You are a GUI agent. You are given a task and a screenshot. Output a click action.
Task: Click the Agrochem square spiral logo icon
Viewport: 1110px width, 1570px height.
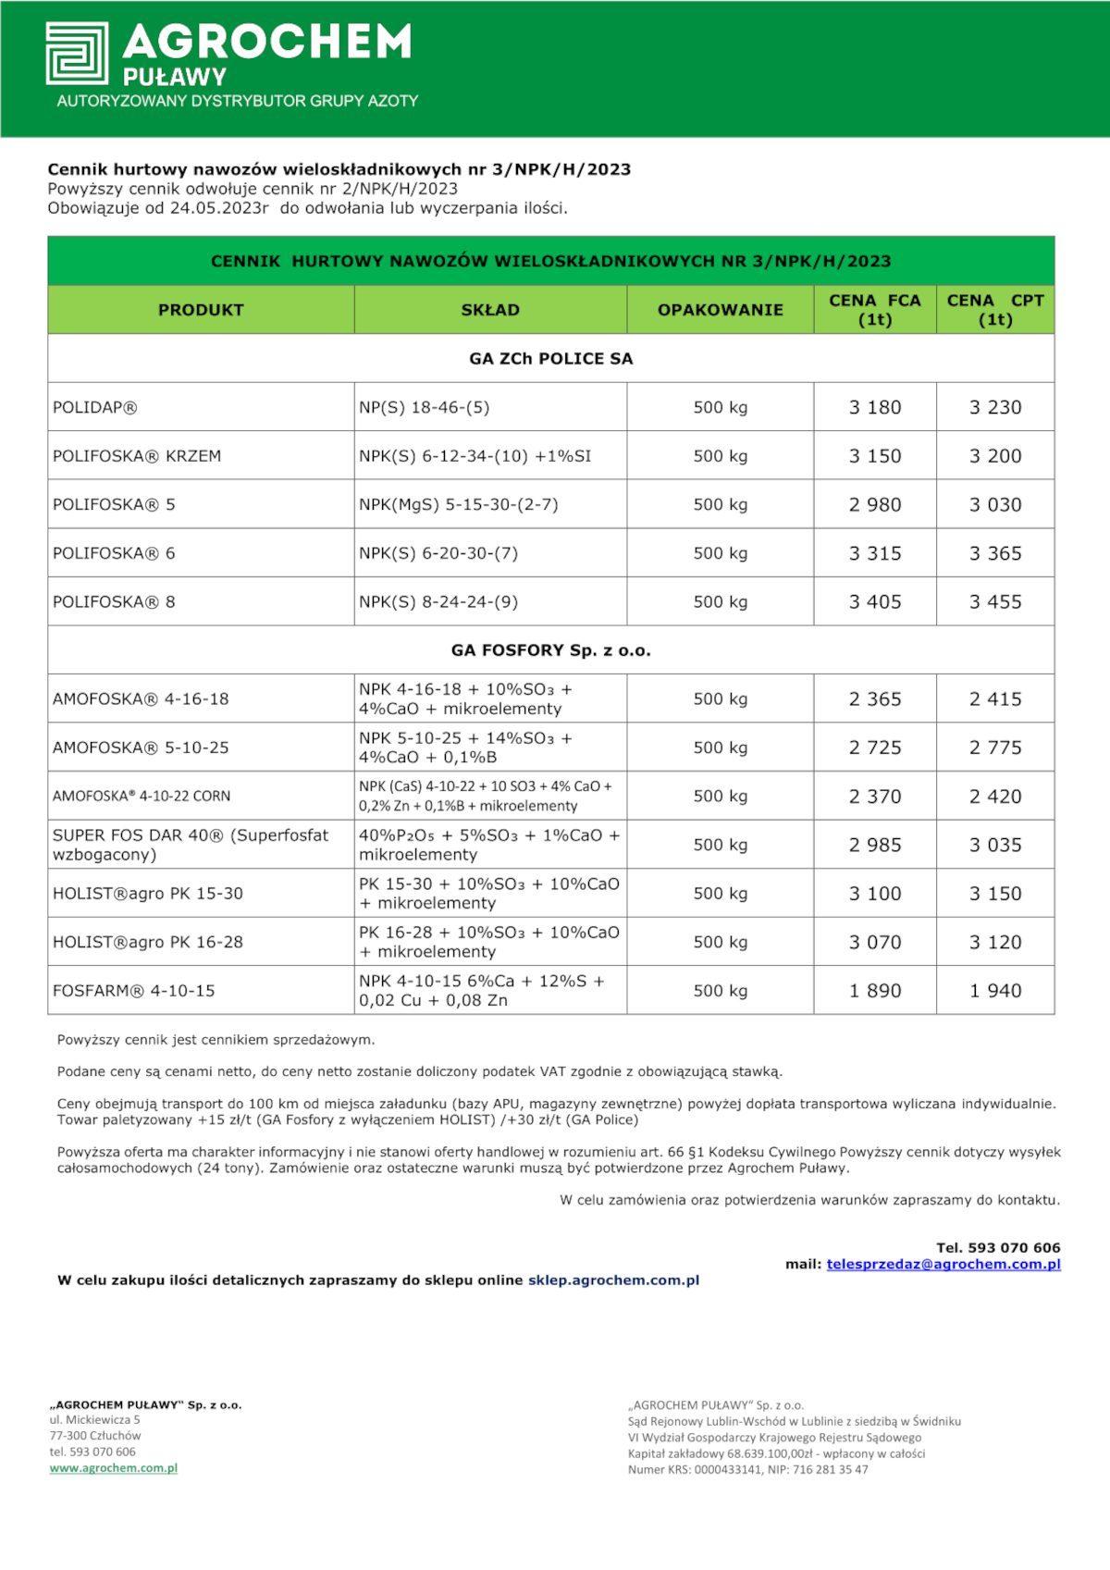coord(77,54)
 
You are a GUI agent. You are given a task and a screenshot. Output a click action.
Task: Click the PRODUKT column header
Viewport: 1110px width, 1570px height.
coord(201,310)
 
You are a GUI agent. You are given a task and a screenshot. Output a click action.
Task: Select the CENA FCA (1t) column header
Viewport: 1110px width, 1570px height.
coord(874,310)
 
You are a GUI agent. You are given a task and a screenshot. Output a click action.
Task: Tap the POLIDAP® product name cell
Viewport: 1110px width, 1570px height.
coord(95,407)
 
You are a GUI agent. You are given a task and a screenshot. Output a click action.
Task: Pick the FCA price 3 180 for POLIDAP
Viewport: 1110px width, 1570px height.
coord(874,407)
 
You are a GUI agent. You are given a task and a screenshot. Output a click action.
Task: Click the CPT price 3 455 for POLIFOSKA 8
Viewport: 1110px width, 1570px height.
coord(995,602)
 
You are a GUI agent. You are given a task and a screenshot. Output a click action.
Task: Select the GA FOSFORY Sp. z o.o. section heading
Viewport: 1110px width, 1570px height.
coord(550,650)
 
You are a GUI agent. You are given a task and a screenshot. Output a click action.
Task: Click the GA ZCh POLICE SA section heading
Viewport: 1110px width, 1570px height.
coord(550,359)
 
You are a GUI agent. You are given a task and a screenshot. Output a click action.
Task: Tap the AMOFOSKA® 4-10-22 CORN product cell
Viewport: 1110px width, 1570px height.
coord(142,796)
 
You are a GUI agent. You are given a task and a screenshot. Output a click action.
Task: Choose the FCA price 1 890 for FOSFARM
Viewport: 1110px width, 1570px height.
coord(874,991)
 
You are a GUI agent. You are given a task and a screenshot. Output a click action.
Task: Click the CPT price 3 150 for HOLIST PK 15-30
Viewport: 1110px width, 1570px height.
coord(995,894)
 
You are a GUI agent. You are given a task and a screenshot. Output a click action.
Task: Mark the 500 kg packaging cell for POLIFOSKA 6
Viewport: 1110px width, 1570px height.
coord(720,553)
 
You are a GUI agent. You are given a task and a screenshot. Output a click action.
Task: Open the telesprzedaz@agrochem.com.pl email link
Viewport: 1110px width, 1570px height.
coord(943,1264)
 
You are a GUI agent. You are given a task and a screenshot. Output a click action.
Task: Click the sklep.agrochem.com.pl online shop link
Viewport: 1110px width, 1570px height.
coord(613,1280)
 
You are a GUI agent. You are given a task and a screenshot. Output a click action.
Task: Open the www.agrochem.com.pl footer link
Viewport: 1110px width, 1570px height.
coord(113,1467)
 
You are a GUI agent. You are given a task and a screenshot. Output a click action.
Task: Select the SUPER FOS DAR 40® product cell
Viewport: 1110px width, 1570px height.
coord(191,845)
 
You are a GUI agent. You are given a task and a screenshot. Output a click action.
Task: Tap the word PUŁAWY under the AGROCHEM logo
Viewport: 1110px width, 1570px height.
coord(175,76)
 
